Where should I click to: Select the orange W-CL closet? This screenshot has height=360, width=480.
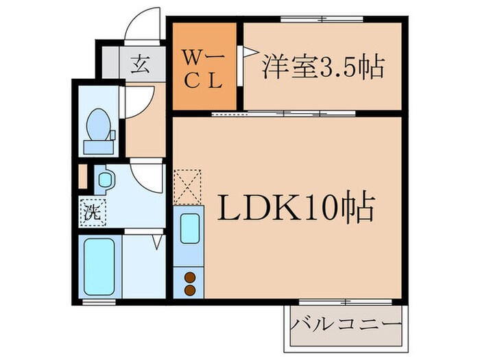pos(204,67)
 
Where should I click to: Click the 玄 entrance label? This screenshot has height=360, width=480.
pos(140,66)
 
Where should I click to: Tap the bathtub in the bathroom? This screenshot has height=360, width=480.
pos(99,266)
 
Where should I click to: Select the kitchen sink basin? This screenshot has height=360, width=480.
pos(189,229)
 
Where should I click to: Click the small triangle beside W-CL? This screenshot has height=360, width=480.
pos(242,52)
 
